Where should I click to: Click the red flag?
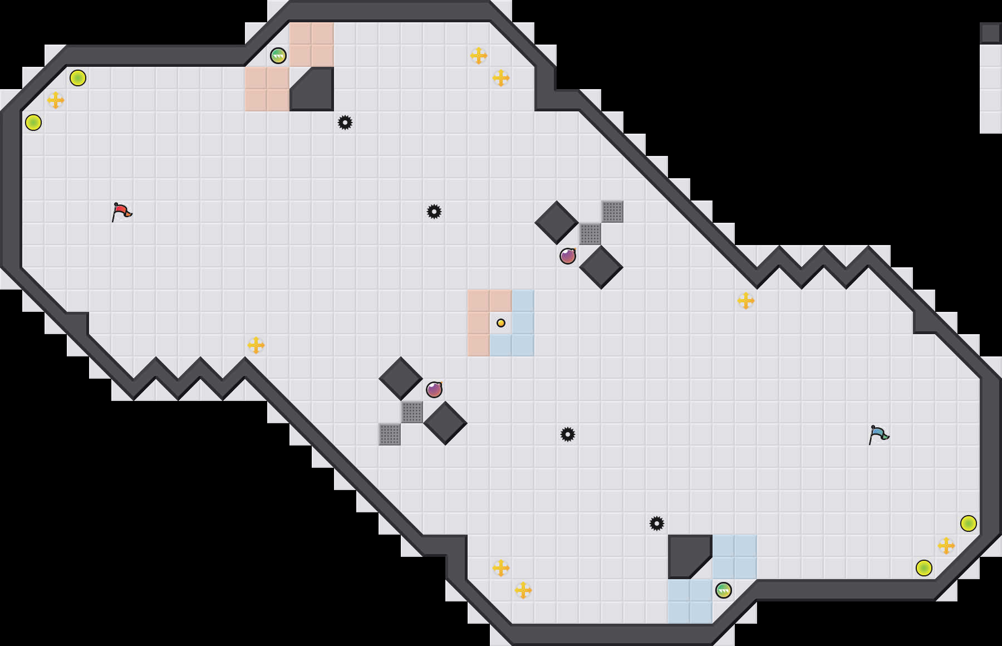pyautogui.click(x=121, y=212)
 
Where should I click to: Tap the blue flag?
pyautogui.click(x=878, y=434)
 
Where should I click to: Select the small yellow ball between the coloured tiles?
pyautogui.click(x=501, y=323)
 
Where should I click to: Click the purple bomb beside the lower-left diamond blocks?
pyautogui.click(x=434, y=390)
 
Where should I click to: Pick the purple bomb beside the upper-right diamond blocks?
pyautogui.click(x=568, y=256)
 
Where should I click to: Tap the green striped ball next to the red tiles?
pyautogui.click(x=278, y=56)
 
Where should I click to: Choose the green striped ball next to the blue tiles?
pyautogui.click(x=724, y=590)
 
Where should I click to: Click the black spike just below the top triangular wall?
pyautogui.click(x=345, y=123)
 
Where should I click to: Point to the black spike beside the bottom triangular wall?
pyautogui.click(x=657, y=523)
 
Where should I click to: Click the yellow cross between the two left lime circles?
pyautogui.click(x=56, y=100)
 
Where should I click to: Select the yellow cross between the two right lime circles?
pyautogui.click(x=946, y=546)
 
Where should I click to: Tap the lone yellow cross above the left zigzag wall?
pyautogui.click(x=256, y=345)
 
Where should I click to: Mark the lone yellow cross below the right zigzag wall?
pyautogui.click(x=746, y=301)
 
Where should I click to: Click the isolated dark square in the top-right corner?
pyautogui.click(x=991, y=33)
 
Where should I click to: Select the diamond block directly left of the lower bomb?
pyautogui.click(x=401, y=379)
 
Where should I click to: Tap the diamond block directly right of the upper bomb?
pyautogui.click(x=601, y=267)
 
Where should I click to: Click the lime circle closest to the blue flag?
pyautogui.click(x=969, y=523)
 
